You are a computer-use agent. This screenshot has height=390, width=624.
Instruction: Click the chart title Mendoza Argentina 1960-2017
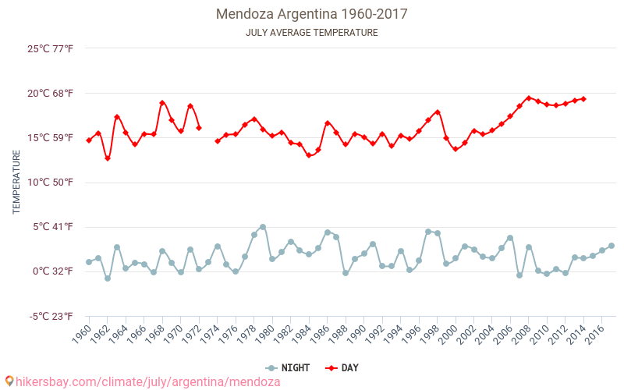click(x=312, y=14)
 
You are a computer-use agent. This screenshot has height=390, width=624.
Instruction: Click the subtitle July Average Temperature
click(x=312, y=33)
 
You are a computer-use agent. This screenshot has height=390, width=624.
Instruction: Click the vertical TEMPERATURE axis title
click(x=16, y=183)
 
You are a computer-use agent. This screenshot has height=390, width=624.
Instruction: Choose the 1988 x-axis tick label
click(x=339, y=336)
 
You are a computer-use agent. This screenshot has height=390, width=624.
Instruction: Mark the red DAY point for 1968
click(x=162, y=103)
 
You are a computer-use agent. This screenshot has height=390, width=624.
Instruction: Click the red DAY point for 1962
click(x=108, y=158)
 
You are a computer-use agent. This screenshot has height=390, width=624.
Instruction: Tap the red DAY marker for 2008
click(x=529, y=98)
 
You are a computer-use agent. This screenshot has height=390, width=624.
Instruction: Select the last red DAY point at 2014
click(x=583, y=99)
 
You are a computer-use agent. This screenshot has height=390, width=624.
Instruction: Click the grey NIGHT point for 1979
click(x=263, y=227)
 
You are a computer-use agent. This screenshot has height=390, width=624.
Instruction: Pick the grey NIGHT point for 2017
click(x=612, y=246)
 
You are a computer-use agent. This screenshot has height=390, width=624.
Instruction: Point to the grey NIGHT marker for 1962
click(x=108, y=278)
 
